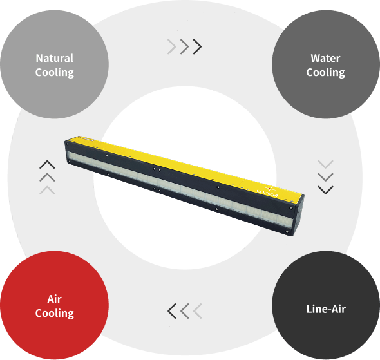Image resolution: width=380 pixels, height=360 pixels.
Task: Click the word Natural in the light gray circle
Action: pos(55,58)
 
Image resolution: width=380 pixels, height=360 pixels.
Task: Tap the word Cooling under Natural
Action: pos(55,73)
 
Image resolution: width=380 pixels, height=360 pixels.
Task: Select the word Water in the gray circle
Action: pos(325,58)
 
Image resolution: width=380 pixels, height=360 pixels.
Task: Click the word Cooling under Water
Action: pos(325,73)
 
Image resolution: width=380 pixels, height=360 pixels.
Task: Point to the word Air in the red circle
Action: pos(55,299)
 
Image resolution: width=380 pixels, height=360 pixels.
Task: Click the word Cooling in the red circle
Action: pos(55,313)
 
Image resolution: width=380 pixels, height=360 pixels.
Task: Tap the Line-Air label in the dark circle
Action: pos(326,309)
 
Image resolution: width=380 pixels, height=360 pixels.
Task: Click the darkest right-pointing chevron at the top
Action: pos(198,46)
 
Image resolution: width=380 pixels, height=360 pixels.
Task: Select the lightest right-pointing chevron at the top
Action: pos(172,46)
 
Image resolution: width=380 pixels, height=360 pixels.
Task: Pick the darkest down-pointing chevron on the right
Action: pos(325,190)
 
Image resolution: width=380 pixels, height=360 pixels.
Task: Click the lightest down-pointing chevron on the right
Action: pos(325,164)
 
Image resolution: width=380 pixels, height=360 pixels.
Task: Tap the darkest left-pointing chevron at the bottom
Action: pos(172,311)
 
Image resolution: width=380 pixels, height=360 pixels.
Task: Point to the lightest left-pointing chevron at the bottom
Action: pos(198,311)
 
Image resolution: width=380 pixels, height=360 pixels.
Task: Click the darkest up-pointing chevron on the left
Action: pos(47,164)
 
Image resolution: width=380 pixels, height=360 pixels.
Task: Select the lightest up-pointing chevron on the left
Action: pos(47,190)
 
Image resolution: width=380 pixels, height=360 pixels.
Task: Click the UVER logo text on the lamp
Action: pos(267,193)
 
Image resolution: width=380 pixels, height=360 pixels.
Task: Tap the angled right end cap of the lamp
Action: pos(298,216)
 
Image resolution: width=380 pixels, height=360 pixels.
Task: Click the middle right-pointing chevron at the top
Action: pos(185,46)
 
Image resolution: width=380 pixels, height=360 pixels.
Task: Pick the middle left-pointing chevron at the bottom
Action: pos(185,311)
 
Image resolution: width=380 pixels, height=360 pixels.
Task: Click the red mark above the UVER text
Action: pos(269,188)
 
